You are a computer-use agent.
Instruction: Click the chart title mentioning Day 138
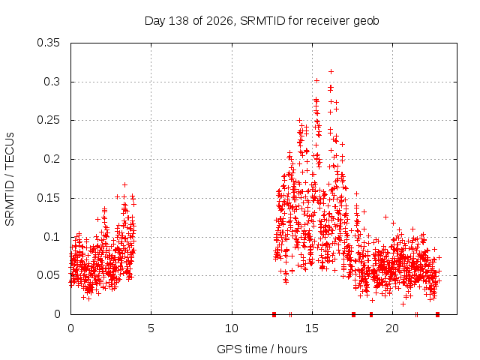coord(262,21)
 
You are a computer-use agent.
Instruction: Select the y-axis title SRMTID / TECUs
coord(10,179)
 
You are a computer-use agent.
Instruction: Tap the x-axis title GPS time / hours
coord(262,349)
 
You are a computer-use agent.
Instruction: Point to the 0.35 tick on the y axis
coord(48,43)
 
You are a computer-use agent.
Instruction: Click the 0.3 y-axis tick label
coord(52,82)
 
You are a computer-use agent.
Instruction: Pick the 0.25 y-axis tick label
coord(48,120)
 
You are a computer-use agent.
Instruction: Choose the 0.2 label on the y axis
coord(52,159)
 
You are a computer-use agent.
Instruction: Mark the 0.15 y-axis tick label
coord(48,198)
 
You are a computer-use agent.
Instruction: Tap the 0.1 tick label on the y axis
coord(52,237)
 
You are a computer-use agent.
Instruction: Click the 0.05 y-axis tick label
coord(48,275)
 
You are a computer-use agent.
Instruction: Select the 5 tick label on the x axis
coord(151,328)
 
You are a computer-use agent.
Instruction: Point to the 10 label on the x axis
coord(232,328)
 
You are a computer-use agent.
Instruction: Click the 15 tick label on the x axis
coord(312,328)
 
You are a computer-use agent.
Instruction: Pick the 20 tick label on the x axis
coord(392,328)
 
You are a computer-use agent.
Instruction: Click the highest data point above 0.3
coord(331,72)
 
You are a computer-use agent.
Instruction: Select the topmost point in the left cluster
coord(124,185)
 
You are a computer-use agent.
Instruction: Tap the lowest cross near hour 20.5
coord(403,304)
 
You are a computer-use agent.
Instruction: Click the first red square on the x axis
coord(274,314)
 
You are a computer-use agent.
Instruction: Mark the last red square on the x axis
coord(437,314)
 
